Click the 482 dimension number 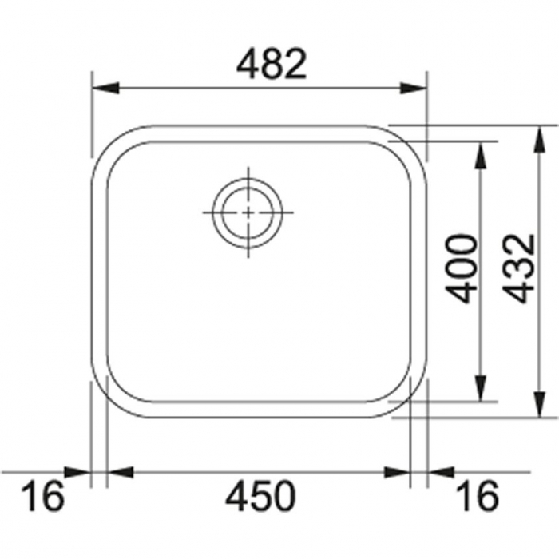coord(271,64)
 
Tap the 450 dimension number coord(260,496)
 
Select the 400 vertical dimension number coord(461,268)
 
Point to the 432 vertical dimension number coord(520,268)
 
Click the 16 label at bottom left coord(43,496)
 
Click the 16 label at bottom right coord(478,496)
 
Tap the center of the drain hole coord(248,212)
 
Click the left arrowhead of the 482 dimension coord(105,88)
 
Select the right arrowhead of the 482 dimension coord(413,88)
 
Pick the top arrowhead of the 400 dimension coord(481,155)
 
